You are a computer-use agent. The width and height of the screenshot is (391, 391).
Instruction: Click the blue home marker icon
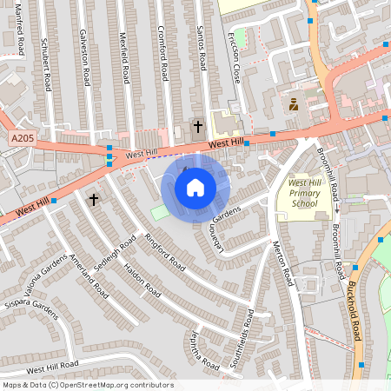(195, 188)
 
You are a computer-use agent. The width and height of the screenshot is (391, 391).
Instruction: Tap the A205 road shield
(23, 138)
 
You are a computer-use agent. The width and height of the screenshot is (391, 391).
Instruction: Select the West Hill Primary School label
(304, 193)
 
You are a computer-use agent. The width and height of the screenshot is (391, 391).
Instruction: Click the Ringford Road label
(165, 251)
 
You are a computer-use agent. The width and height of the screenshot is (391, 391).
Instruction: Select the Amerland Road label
(89, 276)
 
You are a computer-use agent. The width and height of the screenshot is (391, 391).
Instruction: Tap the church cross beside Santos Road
(197, 127)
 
